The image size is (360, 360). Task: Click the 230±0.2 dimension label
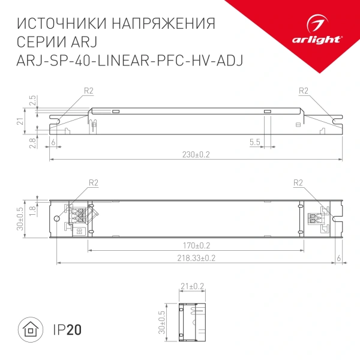tap(196, 154)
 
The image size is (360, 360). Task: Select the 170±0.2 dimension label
tap(196, 245)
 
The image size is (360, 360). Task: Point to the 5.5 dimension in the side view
tap(254, 142)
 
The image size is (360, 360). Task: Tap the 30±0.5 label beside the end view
tap(160, 322)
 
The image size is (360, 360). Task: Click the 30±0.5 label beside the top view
tap(20, 218)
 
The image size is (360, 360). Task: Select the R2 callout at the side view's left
tap(89, 91)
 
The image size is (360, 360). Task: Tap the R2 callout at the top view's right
tap(298, 183)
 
